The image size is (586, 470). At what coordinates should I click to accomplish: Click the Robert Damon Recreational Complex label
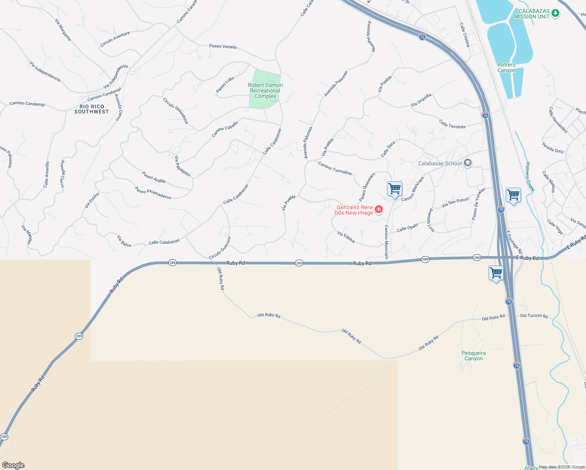[265, 90]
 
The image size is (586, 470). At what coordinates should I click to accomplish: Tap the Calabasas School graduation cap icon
[467, 163]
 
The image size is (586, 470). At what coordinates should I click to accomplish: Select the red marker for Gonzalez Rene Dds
[379, 210]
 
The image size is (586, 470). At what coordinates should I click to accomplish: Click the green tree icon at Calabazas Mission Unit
[555, 14]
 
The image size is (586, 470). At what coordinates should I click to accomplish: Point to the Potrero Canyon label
[506, 68]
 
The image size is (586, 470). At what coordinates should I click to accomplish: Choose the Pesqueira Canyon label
[474, 356]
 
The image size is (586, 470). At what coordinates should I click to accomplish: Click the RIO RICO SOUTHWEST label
[92, 109]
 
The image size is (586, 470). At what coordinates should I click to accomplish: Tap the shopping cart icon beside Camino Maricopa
[394, 189]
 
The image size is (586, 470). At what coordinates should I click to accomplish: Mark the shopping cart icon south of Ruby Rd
[496, 273]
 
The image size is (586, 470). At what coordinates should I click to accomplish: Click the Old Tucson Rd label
[534, 316]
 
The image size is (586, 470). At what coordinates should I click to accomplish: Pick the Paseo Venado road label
[223, 46]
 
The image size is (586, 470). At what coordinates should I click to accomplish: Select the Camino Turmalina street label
[335, 168]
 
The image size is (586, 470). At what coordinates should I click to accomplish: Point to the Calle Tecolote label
[452, 124]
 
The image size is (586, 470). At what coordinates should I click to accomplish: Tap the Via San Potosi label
[455, 202]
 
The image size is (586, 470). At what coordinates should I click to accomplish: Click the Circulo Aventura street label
[115, 39]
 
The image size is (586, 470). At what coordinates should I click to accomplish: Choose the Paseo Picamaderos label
[153, 192]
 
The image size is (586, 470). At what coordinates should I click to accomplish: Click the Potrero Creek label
[530, 177]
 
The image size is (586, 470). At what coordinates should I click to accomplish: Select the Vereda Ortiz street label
[553, 147]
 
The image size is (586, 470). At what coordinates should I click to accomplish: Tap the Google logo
[13, 465]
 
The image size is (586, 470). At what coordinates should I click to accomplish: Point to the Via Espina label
[346, 237]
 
